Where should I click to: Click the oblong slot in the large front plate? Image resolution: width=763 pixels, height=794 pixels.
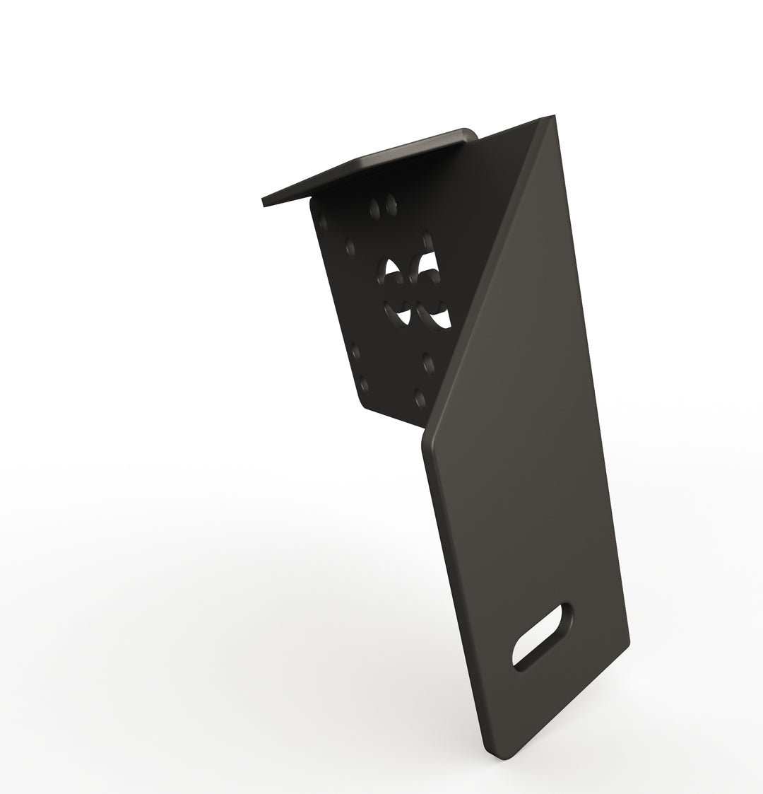543,634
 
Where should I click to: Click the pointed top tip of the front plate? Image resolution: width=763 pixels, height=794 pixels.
553,117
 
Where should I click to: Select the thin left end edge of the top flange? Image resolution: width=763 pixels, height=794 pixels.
263,202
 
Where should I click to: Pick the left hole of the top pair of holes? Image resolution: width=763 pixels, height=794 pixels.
374,207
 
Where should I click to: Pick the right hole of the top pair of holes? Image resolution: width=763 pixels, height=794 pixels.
390,204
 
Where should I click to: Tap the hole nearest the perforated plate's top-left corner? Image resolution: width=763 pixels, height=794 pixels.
324,222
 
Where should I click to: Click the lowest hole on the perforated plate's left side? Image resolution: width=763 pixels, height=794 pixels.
364,385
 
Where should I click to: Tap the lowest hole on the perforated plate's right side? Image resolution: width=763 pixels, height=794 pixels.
420,396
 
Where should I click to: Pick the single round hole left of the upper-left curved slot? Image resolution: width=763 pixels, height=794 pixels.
350,245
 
